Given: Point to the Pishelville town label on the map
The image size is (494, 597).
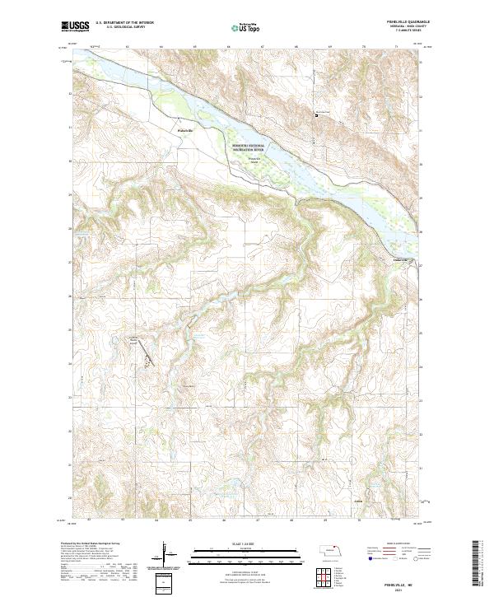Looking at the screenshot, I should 185,130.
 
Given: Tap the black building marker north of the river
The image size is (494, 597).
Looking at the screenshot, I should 319,116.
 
